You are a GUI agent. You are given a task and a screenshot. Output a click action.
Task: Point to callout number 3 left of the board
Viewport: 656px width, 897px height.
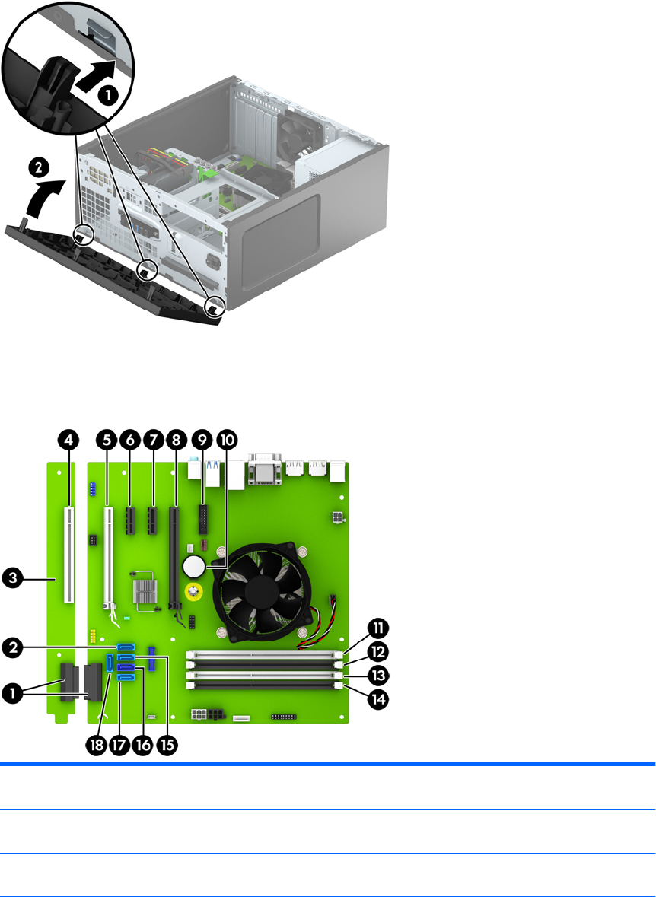(11, 578)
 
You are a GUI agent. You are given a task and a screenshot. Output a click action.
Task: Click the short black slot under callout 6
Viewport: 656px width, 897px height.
(130, 520)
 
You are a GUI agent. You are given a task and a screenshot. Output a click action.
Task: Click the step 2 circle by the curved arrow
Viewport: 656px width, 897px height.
(38, 168)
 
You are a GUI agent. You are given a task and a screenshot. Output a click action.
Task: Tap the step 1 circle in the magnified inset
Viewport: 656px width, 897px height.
(109, 95)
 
